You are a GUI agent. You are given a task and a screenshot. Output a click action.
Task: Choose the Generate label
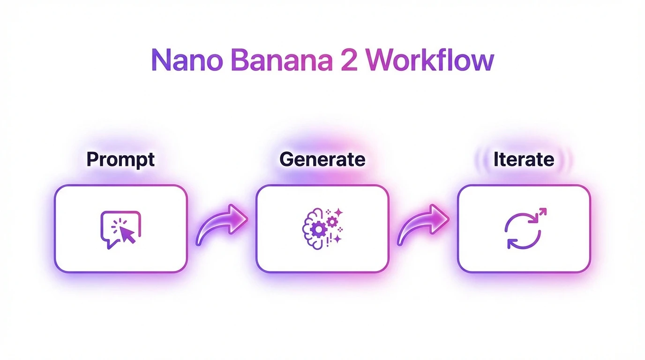322,159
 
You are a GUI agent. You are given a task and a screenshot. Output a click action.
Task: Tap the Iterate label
524,159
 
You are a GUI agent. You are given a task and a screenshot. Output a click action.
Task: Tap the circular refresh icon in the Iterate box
522,231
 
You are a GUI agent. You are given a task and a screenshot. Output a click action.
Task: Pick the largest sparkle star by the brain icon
338,213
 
